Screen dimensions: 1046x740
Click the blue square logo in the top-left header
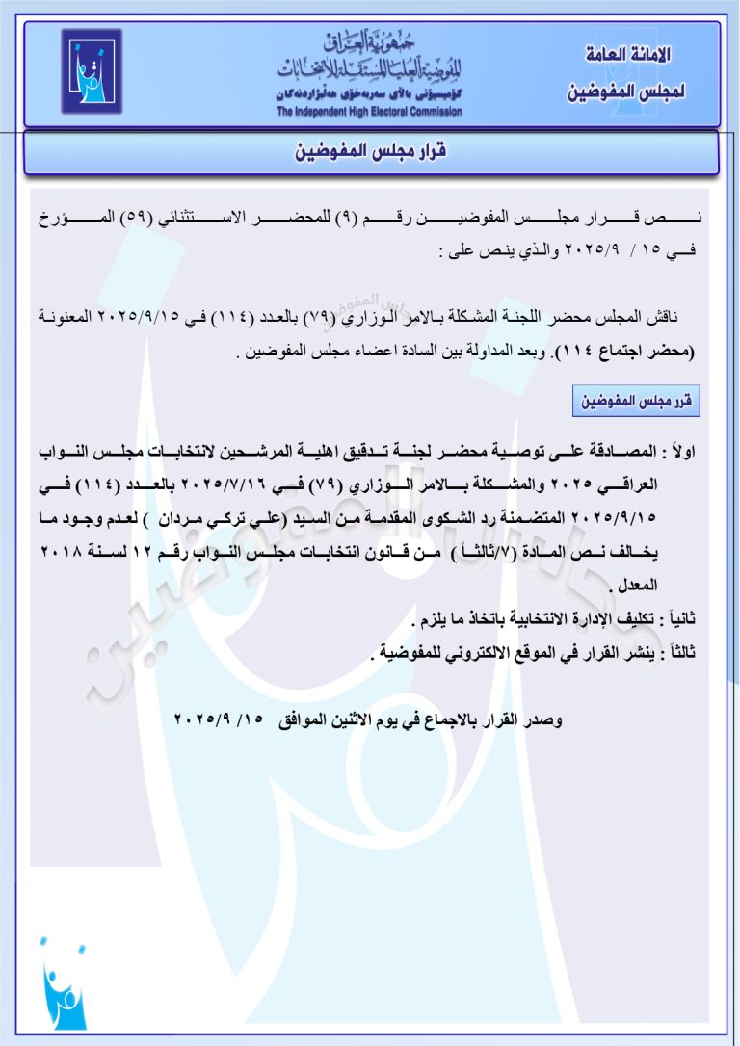(92, 72)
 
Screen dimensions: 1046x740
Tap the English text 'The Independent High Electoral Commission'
(369, 112)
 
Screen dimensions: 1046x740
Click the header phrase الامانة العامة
(628, 55)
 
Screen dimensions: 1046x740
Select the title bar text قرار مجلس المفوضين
(371, 153)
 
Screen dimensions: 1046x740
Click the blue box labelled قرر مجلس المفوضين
(636, 402)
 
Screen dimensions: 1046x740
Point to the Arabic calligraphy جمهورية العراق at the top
(369, 42)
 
